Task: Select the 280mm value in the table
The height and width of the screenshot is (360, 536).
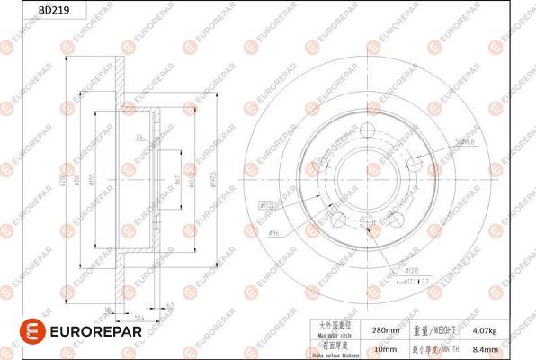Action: tap(385, 330)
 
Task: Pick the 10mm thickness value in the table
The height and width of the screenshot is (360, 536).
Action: tap(385, 348)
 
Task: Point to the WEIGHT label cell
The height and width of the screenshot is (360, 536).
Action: tap(441, 330)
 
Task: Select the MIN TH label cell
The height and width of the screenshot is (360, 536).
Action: tap(441, 348)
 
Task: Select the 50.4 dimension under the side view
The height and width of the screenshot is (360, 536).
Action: tap(140, 316)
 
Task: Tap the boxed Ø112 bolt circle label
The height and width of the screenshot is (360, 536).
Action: tap(268, 203)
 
